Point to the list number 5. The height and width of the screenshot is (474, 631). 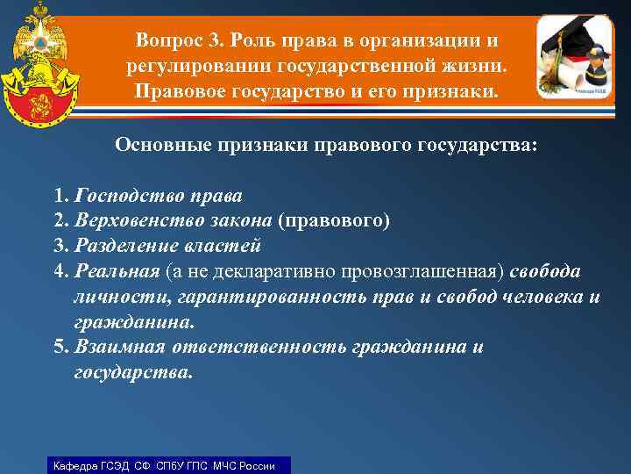tap(59, 347)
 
